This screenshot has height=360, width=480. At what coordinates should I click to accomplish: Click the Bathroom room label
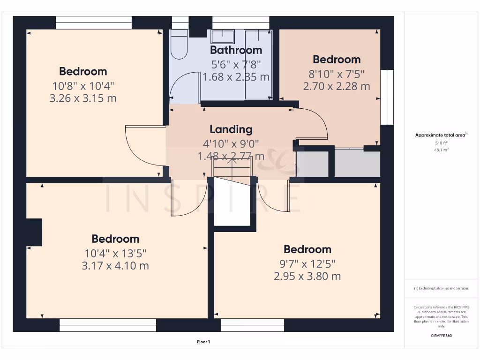[x=236, y=50]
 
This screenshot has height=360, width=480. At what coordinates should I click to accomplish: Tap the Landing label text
[x=231, y=129]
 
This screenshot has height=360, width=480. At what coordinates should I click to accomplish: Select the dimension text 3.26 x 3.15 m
[x=82, y=98]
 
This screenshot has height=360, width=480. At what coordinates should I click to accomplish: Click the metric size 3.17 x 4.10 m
[x=115, y=266]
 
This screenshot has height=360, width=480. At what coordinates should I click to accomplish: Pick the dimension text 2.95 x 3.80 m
[x=307, y=276]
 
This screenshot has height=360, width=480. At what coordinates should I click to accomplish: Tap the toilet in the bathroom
[x=178, y=45]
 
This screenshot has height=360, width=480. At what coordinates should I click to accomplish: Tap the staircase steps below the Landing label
[x=232, y=167]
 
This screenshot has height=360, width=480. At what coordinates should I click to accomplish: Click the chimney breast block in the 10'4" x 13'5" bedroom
[x=34, y=232]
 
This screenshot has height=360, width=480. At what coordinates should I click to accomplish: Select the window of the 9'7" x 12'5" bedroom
[x=253, y=325]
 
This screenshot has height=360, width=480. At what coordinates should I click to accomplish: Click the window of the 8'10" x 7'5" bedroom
[x=387, y=97]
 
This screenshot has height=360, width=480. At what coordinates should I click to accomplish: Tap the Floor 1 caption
[x=203, y=342]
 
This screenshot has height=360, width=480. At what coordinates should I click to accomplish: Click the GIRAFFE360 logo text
[x=441, y=336]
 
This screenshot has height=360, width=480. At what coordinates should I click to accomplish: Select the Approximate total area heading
[x=441, y=135]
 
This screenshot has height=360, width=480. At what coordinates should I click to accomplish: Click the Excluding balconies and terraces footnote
[x=441, y=288]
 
